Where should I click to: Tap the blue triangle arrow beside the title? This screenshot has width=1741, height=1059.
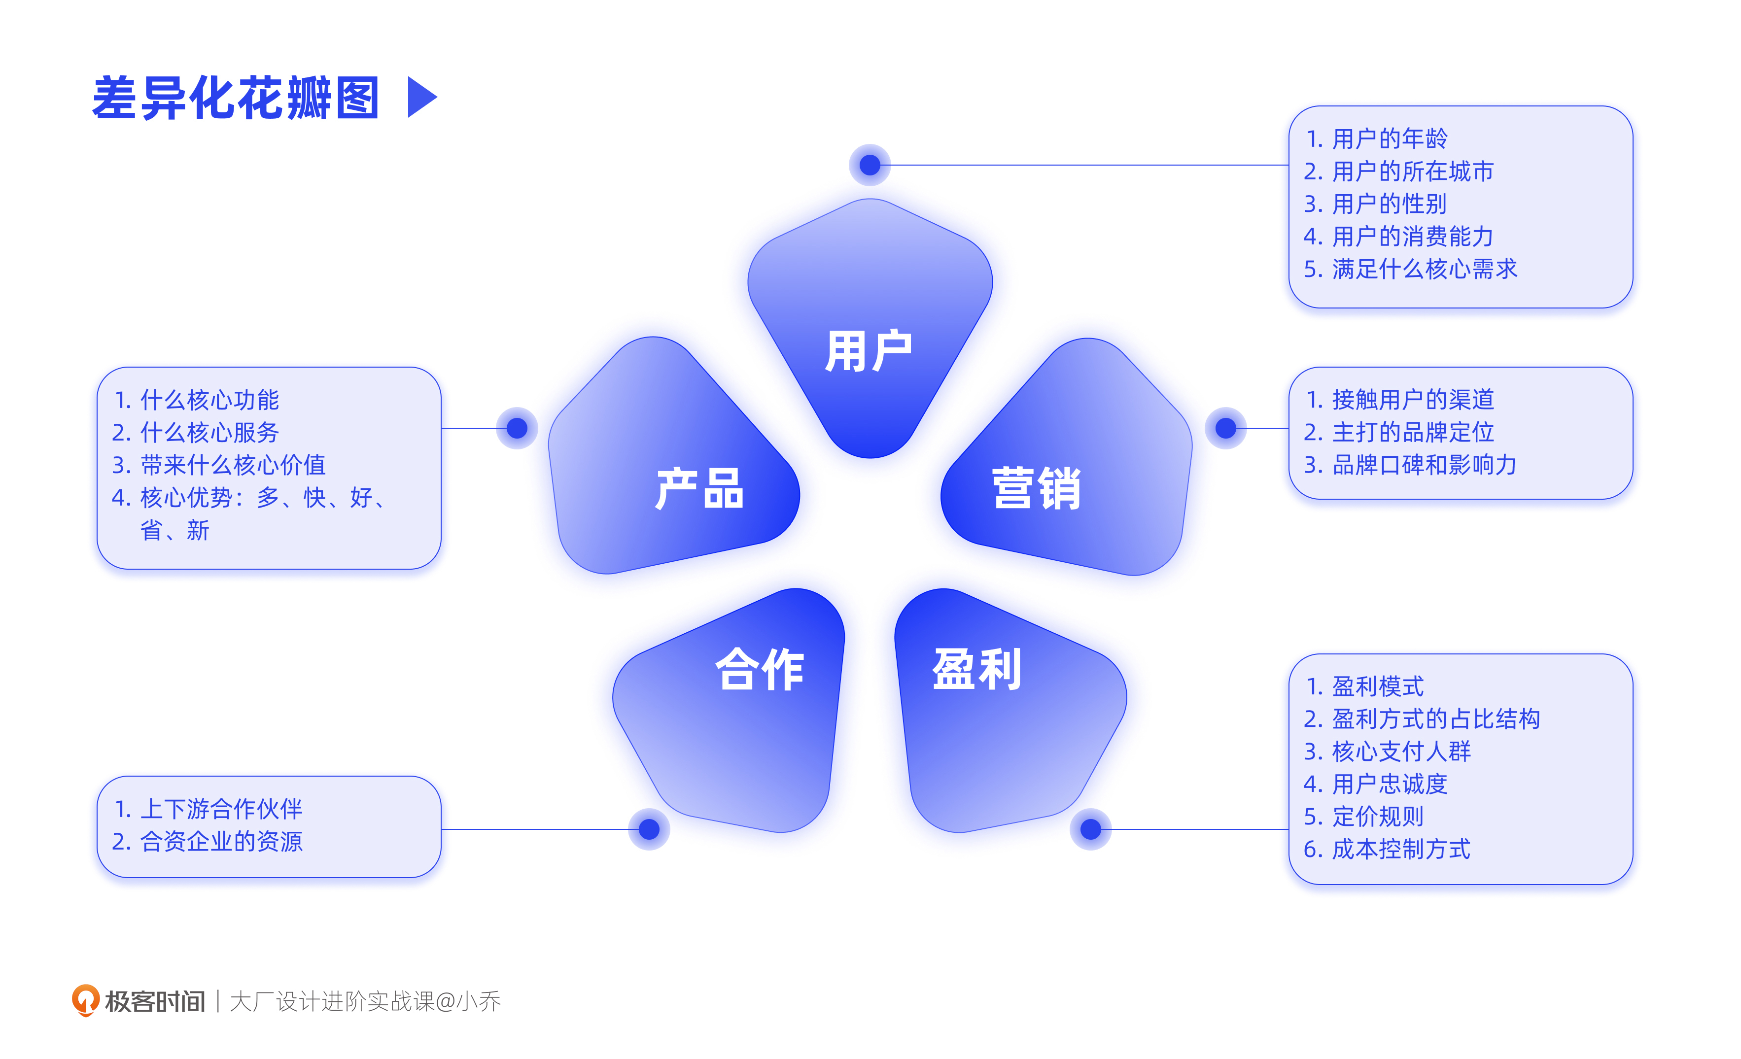pyautogui.click(x=422, y=98)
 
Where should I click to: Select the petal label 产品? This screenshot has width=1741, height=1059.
pyautogui.click(x=699, y=488)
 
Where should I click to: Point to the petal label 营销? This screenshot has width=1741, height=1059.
pyautogui.click(x=1037, y=488)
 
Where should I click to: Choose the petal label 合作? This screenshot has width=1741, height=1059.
pyautogui.click(x=760, y=669)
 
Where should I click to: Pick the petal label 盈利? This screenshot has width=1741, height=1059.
pyautogui.click(x=977, y=669)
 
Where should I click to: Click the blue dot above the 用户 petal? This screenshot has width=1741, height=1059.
pyautogui.click(x=870, y=165)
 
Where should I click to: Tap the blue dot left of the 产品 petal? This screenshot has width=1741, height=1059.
pyautogui.click(x=517, y=428)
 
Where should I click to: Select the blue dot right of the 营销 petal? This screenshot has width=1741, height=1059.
pyautogui.click(x=1226, y=428)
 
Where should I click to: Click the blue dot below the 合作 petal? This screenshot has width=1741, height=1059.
pyautogui.click(x=649, y=829)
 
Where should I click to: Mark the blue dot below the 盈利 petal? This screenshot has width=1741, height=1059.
pyautogui.click(x=1091, y=829)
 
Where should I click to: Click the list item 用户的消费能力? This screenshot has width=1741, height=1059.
pyautogui.click(x=1412, y=237)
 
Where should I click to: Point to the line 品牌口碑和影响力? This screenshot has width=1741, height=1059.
pyautogui.click(x=1424, y=465)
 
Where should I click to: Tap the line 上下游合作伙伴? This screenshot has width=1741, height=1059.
pyautogui.click(x=221, y=809)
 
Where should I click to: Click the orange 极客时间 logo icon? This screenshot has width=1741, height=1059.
pyautogui.click(x=85, y=1000)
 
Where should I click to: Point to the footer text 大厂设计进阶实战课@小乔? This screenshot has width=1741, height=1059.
pyautogui.click(x=365, y=1001)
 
